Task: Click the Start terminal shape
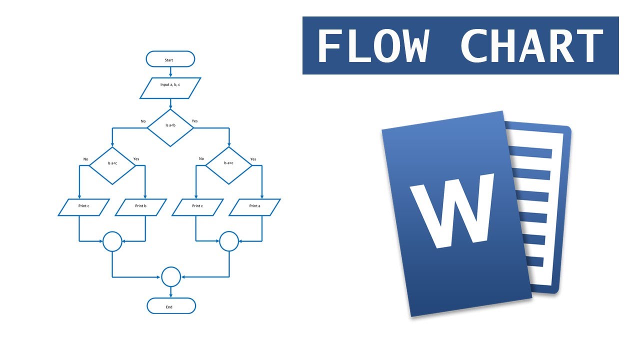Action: (x=170, y=59)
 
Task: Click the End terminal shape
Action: (x=171, y=306)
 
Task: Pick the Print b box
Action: (x=140, y=207)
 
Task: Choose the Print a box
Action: (x=254, y=207)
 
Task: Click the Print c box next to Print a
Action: (x=197, y=207)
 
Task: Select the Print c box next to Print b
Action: (x=83, y=207)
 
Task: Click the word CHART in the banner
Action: (x=531, y=45)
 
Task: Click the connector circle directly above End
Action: (x=171, y=276)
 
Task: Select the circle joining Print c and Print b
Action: (x=112, y=241)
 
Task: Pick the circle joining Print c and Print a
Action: (x=229, y=241)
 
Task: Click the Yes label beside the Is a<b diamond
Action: (x=194, y=121)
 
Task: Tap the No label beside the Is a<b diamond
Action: (x=143, y=121)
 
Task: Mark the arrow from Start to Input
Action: (x=170, y=72)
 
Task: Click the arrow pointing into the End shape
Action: (x=171, y=292)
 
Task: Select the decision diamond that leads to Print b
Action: (x=112, y=165)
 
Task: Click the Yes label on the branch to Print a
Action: (x=253, y=159)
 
